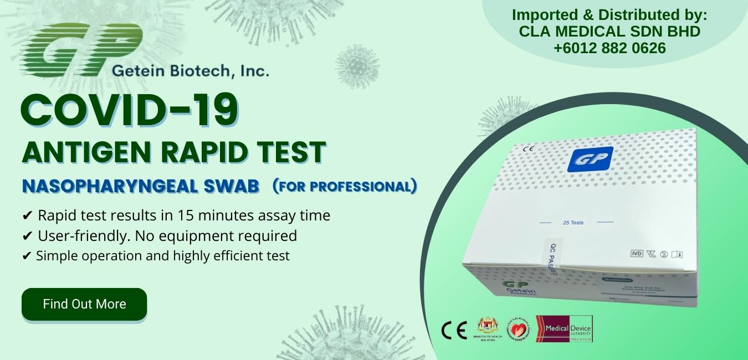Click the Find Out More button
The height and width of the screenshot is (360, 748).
pos(84,304)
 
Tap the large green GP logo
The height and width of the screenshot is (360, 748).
pos(80,50)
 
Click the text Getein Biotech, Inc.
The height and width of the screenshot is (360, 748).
pos(190,71)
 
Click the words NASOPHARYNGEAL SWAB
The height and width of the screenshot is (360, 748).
pos(141,187)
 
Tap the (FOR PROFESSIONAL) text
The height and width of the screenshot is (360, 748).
pos(345,186)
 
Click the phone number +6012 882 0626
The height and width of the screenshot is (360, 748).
pos(609,48)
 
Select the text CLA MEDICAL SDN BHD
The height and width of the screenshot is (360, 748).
pos(609,32)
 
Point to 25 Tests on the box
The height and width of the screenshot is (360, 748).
pos(572,223)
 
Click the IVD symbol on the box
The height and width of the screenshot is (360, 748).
pos(637,254)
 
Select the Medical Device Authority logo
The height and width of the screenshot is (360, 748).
pos(564,329)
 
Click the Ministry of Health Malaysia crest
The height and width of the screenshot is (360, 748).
pos(488,329)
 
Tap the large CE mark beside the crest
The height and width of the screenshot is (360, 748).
pos(454,330)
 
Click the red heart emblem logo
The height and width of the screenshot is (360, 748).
pos(519,330)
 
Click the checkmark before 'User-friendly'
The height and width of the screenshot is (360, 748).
pos(27,236)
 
